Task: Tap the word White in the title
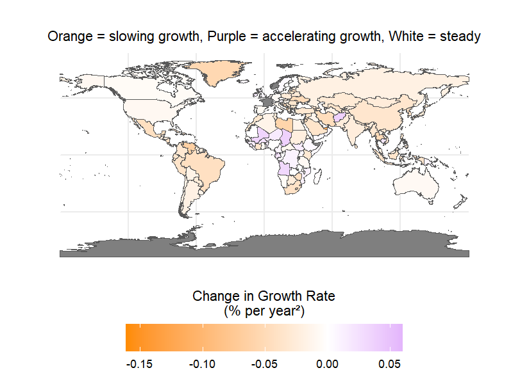pyautogui.click(x=385, y=36)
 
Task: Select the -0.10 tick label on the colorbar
pyautogui.click(x=205, y=364)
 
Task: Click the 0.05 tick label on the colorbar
pyautogui.click(x=390, y=364)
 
